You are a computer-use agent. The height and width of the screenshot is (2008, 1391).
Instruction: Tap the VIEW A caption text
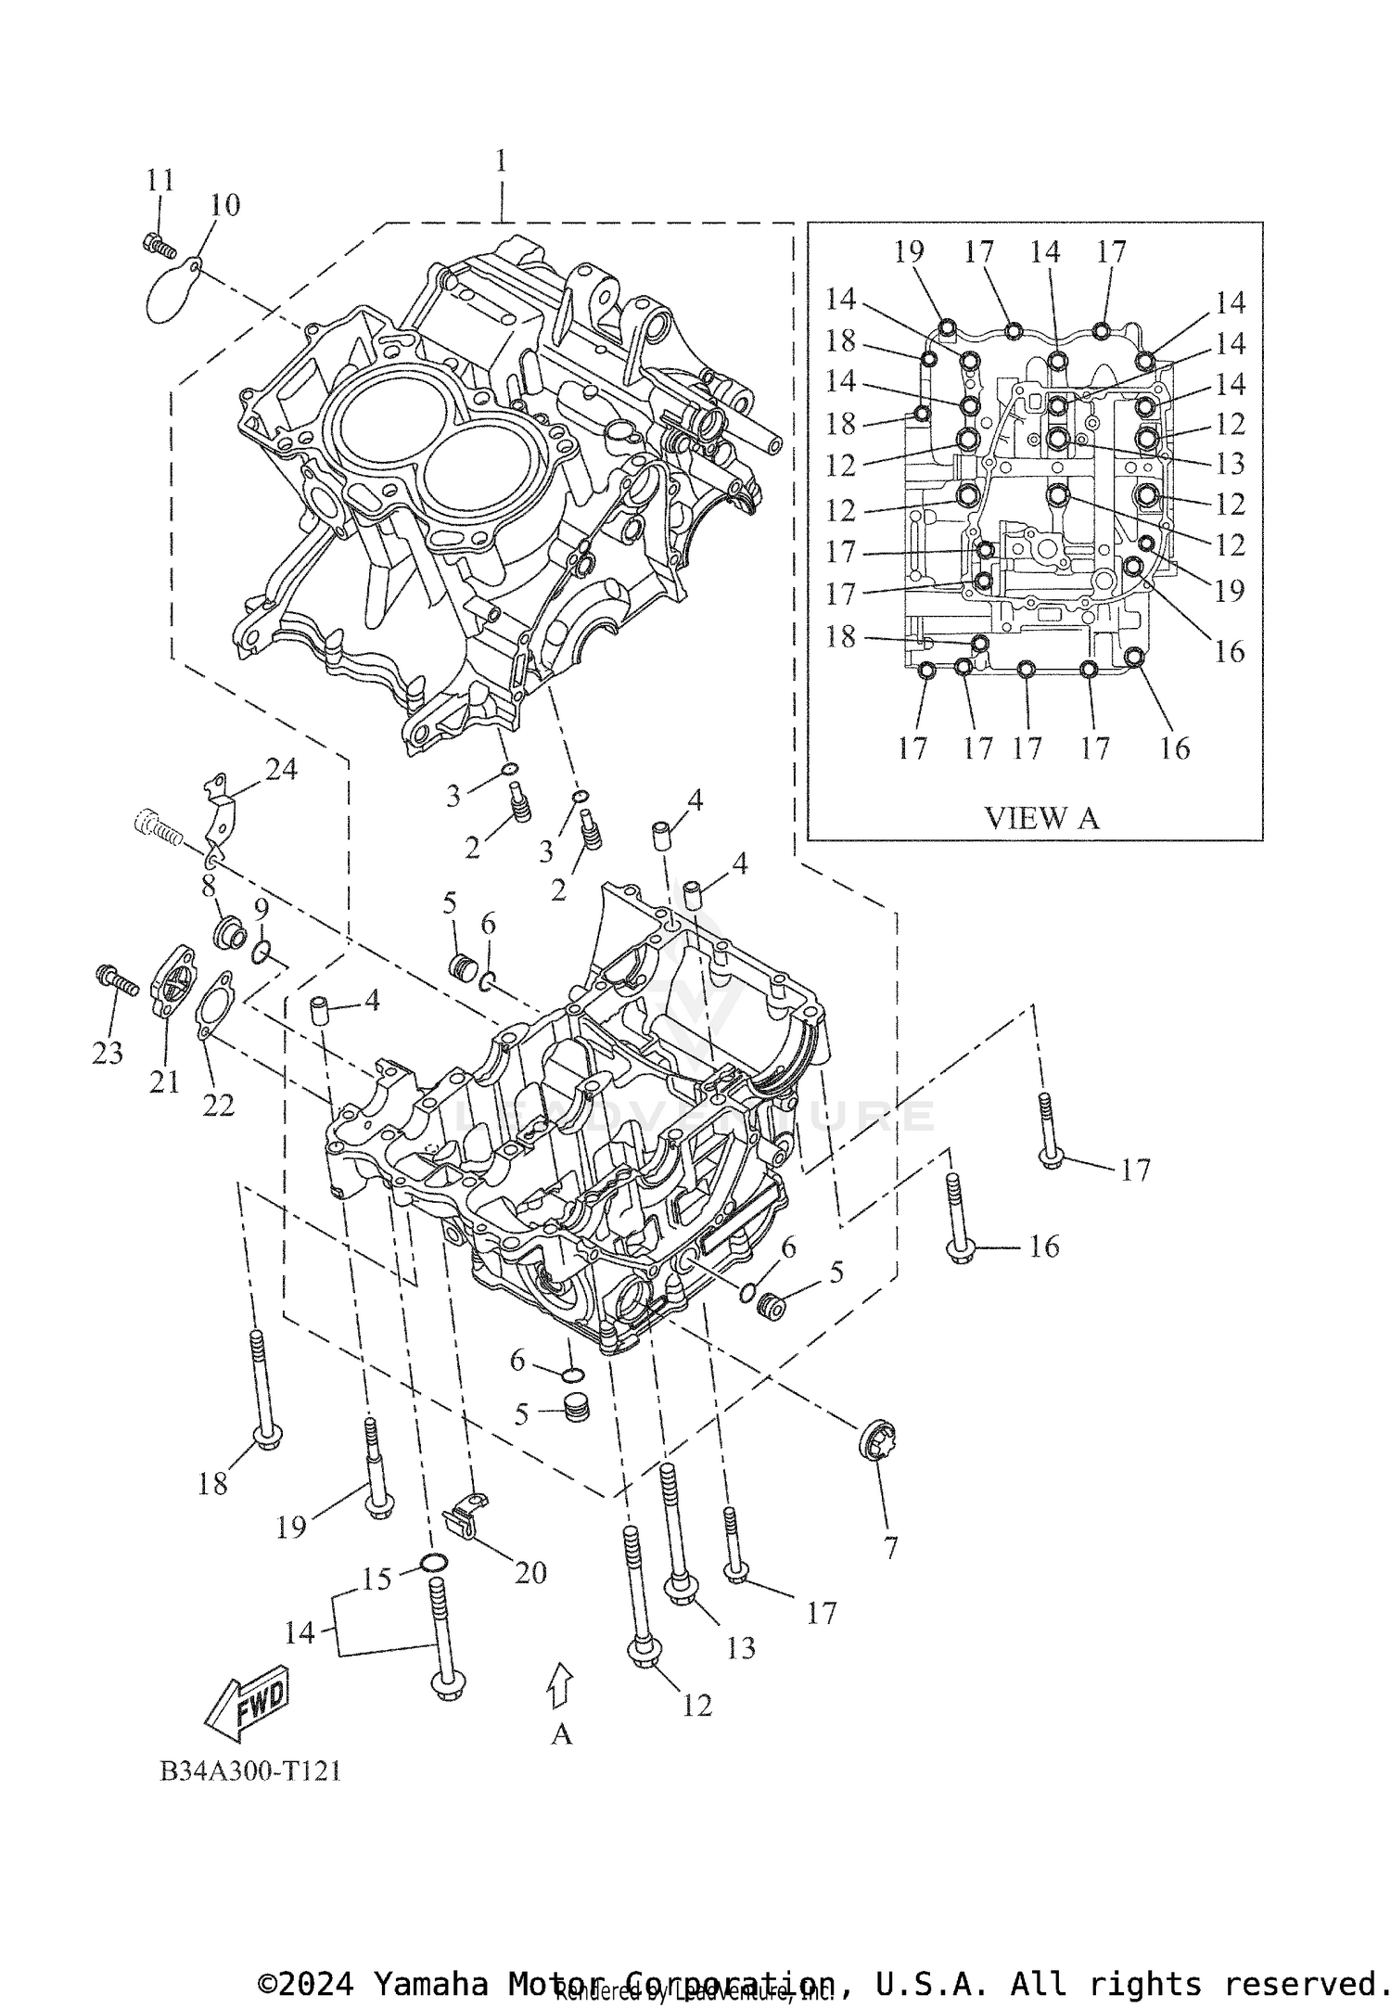pyautogui.click(x=1040, y=818)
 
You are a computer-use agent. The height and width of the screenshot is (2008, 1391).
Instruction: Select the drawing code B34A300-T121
pyautogui.click(x=250, y=1771)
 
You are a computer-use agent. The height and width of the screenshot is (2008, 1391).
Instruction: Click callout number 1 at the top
pyautogui.click(x=501, y=161)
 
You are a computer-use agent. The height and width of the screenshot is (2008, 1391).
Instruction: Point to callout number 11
pyautogui.click(x=160, y=180)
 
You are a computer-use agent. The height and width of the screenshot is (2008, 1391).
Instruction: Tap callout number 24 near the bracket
pyautogui.click(x=282, y=769)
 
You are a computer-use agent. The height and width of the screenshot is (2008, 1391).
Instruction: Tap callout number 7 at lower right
pyautogui.click(x=890, y=1548)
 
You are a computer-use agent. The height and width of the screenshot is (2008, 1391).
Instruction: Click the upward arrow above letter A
pyautogui.click(x=561, y=1685)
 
